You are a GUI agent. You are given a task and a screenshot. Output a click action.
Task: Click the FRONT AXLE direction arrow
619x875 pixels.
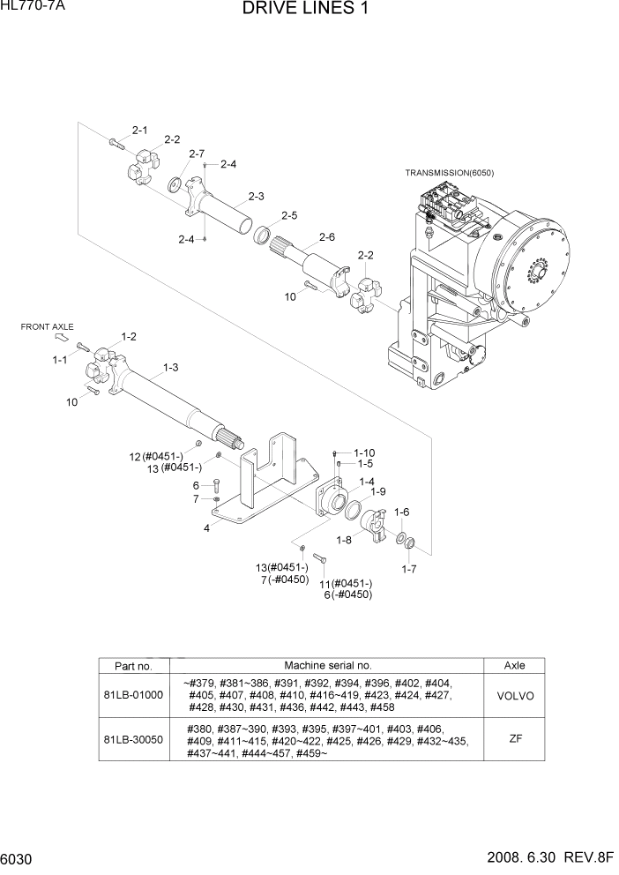62,336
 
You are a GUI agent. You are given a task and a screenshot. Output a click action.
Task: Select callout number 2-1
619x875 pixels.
139,131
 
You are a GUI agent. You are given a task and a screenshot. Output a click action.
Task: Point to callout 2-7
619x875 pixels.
196,153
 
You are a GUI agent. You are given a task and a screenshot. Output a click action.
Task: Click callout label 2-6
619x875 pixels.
326,236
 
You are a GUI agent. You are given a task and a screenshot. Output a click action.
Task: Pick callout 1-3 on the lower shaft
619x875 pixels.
170,367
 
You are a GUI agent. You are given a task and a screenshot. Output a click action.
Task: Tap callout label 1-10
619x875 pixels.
365,452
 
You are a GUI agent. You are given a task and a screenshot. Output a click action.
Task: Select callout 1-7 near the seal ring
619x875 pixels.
408,569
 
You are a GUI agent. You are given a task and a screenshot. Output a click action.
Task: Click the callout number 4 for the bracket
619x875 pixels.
205,528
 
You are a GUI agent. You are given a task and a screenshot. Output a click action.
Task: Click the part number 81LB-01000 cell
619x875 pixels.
134,695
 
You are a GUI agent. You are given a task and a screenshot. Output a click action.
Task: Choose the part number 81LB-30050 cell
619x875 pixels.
134,740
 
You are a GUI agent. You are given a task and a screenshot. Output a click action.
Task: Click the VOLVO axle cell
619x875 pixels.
515,695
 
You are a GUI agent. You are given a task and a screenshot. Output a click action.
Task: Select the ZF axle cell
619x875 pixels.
515,740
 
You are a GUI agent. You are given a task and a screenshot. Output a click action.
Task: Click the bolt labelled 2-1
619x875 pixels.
116,143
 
